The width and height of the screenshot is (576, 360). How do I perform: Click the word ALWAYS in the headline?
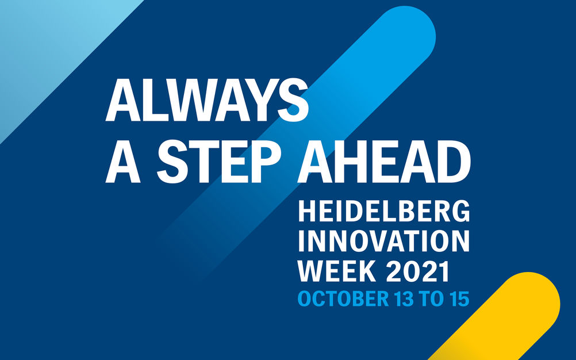click(x=207, y=99)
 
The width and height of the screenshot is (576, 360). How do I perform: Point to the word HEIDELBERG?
click(x=384, y=212)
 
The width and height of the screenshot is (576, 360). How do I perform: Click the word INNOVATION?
click(x=384, y=241)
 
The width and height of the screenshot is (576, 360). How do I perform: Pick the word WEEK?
click(x=336, y=271)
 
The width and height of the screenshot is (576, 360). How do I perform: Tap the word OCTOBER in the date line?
click(x=343, y=298)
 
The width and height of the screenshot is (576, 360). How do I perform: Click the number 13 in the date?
click(x=404, y=298)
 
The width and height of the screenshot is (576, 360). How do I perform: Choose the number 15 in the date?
click(x=459, y=298)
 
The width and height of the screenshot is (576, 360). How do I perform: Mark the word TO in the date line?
click(x=431, y=298)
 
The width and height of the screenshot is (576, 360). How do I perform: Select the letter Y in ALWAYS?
click(x=257, y=99)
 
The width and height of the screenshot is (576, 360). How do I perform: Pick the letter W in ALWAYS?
click(x=187, y=99)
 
